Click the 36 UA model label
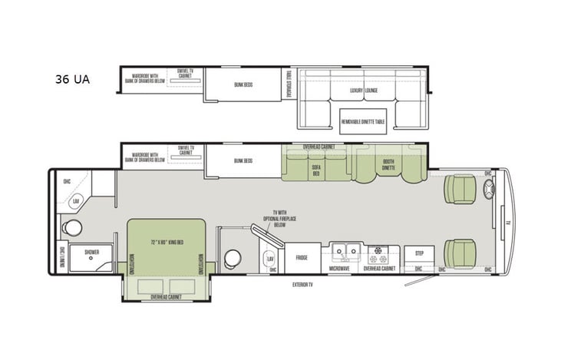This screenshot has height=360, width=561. (x=72, y=79)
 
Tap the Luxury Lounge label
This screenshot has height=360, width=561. (x=365, y=91)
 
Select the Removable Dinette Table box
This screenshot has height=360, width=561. (x=364, y=121)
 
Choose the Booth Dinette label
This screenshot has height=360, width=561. (x=389, y=164)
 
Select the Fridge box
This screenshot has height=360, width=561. (x=302, y=257)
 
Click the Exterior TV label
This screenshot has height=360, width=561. (x=303, y=285)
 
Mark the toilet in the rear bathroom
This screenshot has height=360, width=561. (x=73, y=228)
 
